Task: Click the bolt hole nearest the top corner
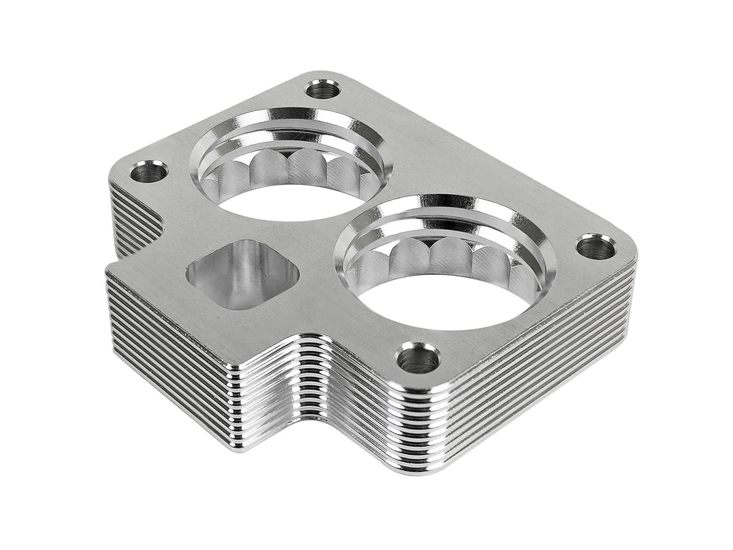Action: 323,90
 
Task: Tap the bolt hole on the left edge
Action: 149,171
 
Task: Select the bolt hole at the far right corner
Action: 596,247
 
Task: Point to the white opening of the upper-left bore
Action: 286,203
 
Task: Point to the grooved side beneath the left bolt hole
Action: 132,215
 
